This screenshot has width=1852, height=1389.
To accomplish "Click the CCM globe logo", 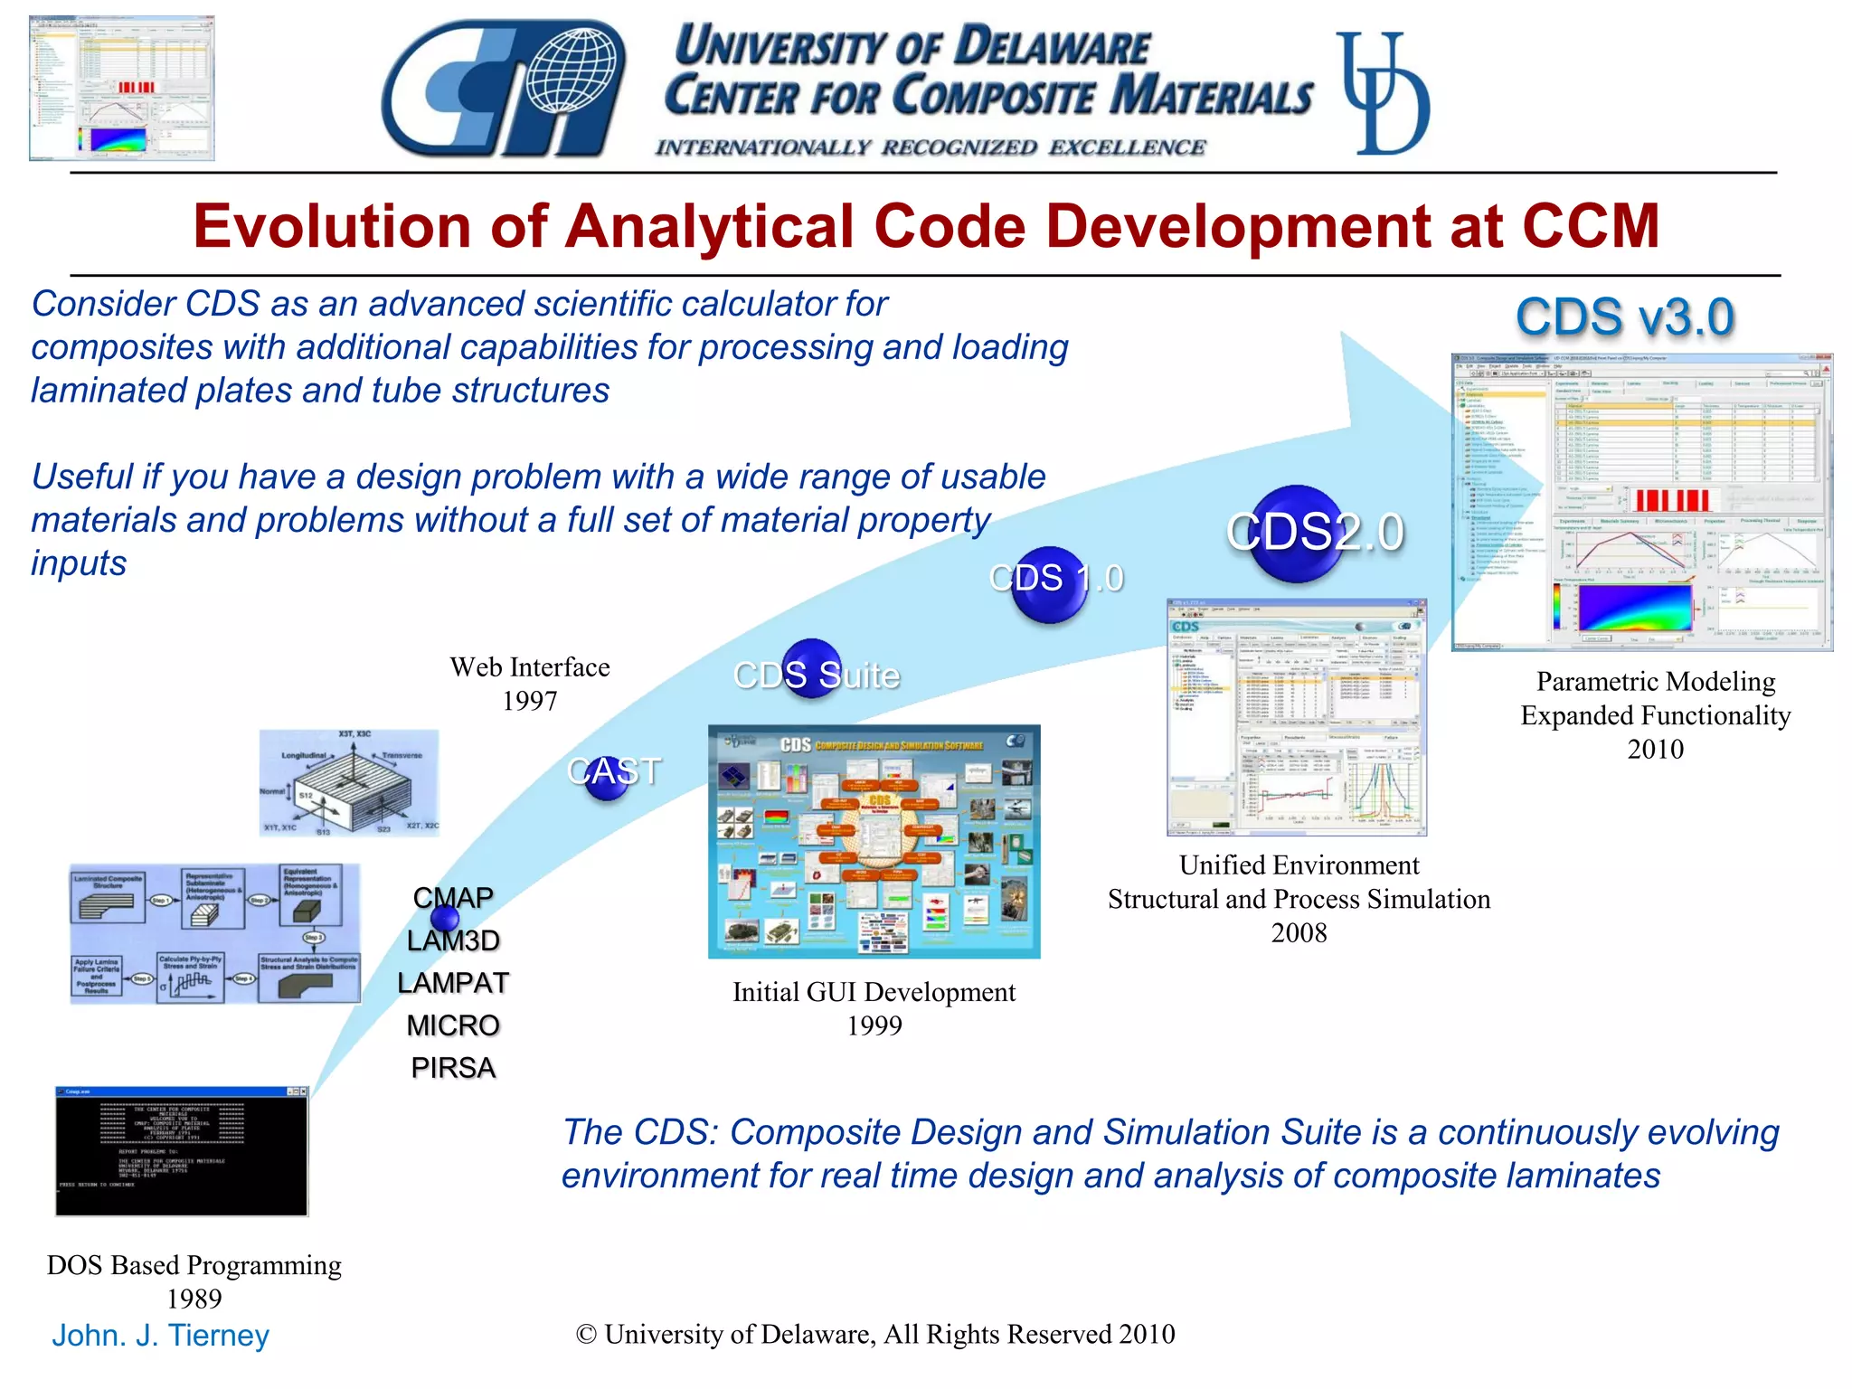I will tap(503, 89).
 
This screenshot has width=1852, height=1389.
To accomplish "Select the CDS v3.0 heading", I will tap(1624, 317).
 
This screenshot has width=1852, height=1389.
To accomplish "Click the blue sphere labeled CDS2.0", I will tap(1299, 533).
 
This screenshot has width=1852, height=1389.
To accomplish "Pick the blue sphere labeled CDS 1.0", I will tap(1049, 582).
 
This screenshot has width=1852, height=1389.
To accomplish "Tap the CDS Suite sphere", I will tap(811, 669).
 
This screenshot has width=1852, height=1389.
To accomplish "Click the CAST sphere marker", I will tap(607, 776).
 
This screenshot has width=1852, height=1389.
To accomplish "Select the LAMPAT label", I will tap(453, 983).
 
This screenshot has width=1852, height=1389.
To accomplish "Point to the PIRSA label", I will tap(453, 1068).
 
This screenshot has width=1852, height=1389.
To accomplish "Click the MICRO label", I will tap(453, 1025).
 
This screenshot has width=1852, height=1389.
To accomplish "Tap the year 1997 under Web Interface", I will tap(530, 701).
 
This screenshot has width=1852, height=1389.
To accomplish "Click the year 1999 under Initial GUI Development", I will tap(874, 1025).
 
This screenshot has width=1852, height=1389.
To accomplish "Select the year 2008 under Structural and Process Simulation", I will tap(1299, 932).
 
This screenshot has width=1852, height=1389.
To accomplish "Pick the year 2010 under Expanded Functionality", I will tap(1655, 749).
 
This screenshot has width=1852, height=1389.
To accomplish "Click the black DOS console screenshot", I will tap(182, 1152).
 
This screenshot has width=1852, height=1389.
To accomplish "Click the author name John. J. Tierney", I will tap(161, 1336).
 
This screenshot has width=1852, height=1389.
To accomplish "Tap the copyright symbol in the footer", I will tap(586, 1335).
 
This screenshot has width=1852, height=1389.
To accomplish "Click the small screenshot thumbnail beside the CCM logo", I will tap(122, 89).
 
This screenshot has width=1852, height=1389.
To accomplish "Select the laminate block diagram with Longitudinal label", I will tap(349, 783).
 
